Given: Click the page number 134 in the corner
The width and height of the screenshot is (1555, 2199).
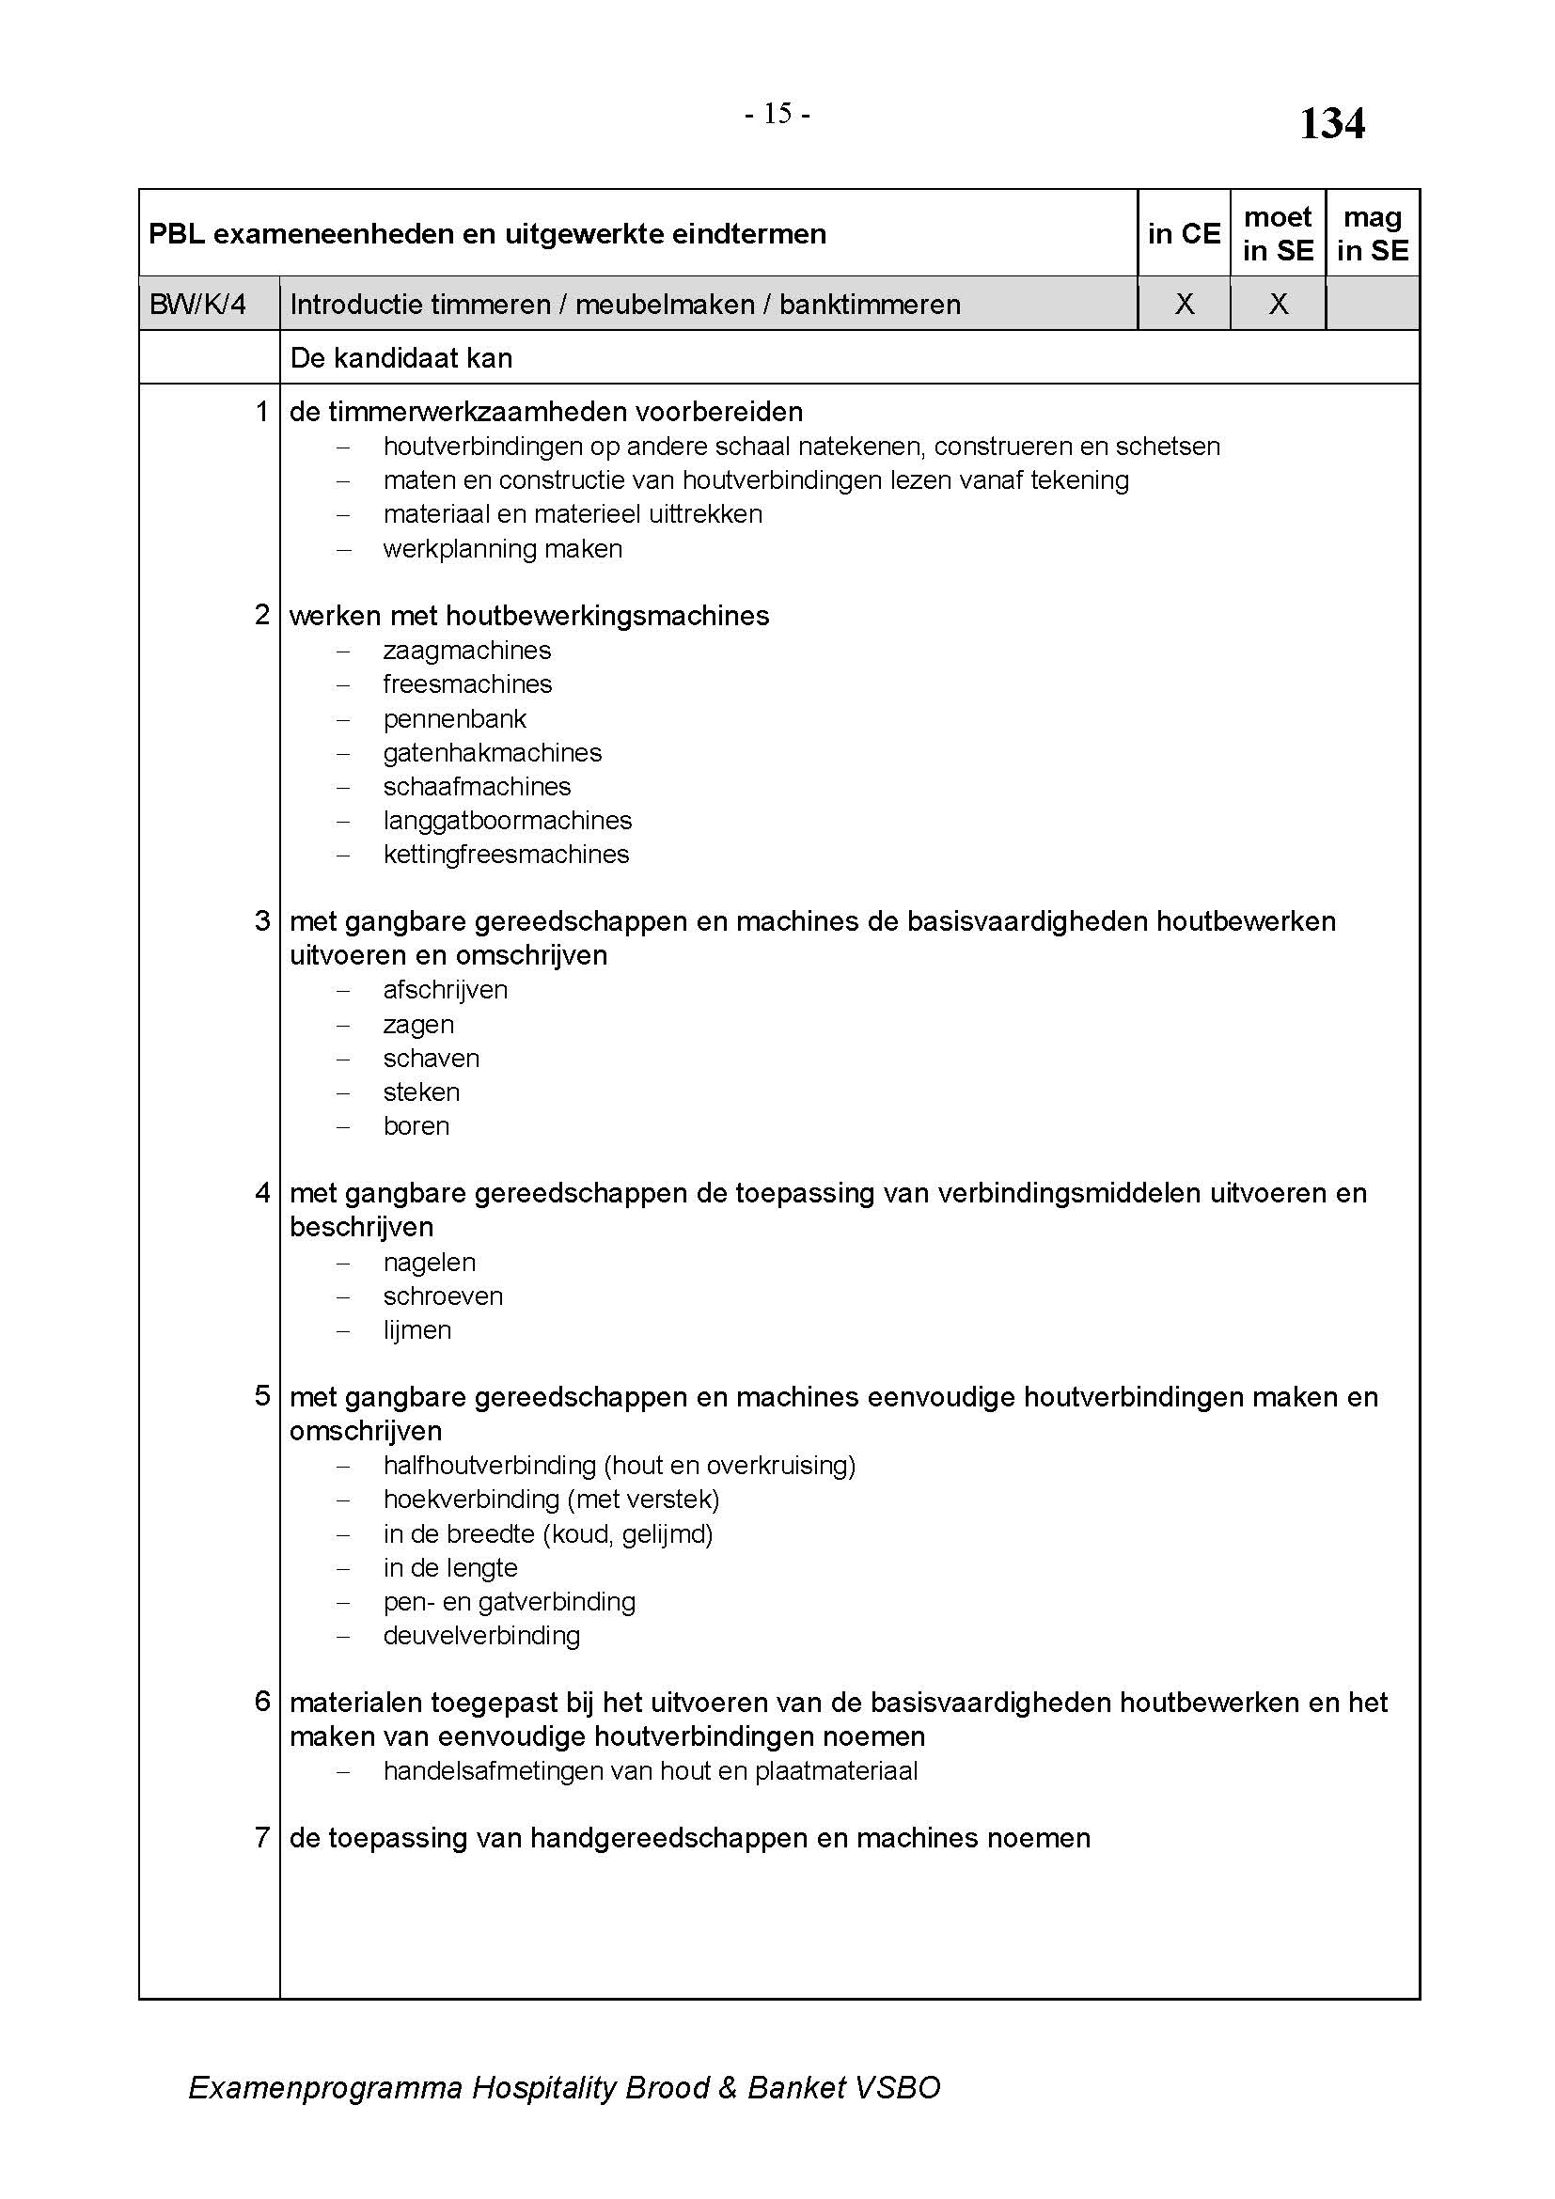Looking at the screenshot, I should point(1331,124).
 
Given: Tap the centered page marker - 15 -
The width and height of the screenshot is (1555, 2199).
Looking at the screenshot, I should point(777,115).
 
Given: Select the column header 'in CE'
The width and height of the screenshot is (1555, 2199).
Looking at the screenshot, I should point(1184,234).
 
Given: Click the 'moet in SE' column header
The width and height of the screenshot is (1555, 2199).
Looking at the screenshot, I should point(1278,234).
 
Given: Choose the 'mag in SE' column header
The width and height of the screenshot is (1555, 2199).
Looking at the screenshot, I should point(1372,234).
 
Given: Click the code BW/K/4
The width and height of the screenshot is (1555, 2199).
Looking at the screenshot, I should point(198,305).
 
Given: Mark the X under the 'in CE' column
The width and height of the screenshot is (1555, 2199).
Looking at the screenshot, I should point(1185,305).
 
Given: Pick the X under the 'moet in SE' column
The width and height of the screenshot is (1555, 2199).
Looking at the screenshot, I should point(1279,305).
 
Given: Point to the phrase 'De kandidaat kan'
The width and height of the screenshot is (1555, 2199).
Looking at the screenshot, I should point(401,358).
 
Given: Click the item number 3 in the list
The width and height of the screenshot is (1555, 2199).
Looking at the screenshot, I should point(262,921).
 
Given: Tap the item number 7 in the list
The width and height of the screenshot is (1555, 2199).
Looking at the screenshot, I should point(262,1837).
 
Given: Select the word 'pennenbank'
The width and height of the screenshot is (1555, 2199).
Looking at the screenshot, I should point(455,718).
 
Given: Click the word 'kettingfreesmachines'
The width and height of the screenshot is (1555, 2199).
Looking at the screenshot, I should point(507,855).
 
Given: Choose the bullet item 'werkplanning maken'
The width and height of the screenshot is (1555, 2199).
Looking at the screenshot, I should point(503,549).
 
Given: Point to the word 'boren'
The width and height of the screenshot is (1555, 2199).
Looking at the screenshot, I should point(416,1126).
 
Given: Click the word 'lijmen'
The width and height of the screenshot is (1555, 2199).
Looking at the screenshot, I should point(417,1330).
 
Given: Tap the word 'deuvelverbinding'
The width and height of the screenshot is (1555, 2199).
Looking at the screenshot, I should point(481,1636).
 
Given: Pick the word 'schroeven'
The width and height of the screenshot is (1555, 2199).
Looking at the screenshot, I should point(444,1296).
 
